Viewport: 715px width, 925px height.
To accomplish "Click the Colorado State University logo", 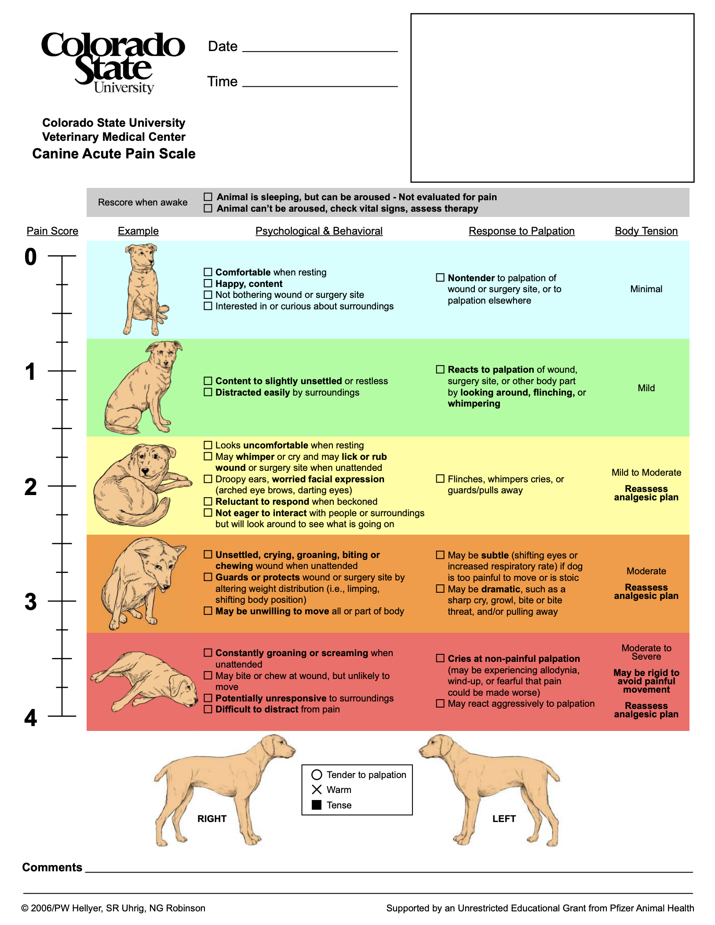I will [x=113, y=62].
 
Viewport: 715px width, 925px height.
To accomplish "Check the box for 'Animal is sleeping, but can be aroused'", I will [x=208, y=197].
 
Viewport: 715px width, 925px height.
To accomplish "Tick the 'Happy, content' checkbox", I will [x=208, y=283].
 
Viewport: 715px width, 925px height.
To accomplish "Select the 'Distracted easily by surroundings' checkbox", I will [x=208, y=392].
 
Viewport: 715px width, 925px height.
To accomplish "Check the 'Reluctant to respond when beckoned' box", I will [x=208, y=501].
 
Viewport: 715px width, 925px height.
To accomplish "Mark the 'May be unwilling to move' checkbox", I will [x=208, y=611].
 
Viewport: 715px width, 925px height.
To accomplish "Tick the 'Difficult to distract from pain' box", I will [x=208, y=709].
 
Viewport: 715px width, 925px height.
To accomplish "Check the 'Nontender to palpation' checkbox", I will [x=440, y=278].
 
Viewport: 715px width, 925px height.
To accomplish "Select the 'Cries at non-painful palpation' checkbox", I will [x=440, y=658].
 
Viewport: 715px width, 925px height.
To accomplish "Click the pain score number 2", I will [x=30, y=487].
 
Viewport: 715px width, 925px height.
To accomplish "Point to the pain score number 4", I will [x=30, y=718].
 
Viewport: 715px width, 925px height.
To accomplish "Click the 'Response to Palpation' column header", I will [x=522, y=231].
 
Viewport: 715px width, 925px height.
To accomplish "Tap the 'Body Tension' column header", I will [x=646, y=231].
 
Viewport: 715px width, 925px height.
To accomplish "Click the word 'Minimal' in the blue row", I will [x=646, y=289].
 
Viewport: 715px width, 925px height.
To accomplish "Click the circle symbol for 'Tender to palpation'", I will [x=317, y=775].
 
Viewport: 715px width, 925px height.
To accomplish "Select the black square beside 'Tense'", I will [x=317, y=805].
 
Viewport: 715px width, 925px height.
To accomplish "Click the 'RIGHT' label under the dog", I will [x=212, y=819].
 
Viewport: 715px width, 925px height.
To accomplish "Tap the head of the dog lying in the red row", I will [x=184, y=689].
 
